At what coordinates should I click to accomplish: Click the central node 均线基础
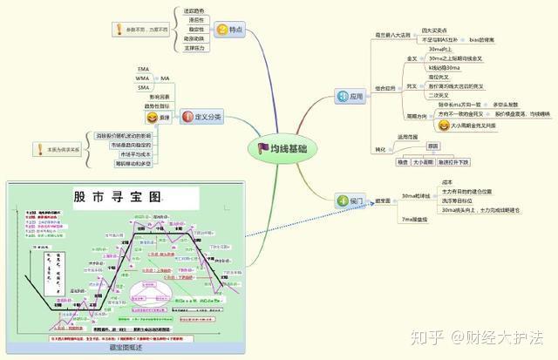click(x=283, y=148)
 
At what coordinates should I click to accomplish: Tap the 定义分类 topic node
click(x=201, y=116)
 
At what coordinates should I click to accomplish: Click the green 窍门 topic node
click(x=350, y=201)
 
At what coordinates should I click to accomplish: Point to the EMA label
click(x=145, y=68)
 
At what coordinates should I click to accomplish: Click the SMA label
click(x=145, y=87)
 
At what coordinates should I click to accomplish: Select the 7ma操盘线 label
click(x=415, y=219)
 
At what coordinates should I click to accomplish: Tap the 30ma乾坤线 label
click(x=417, y=196)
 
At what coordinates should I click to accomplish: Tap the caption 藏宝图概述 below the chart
click(x=124, y=347)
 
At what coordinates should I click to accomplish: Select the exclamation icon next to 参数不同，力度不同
click(x=119, y=30)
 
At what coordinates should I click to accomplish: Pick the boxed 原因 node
click(x=433, y=146)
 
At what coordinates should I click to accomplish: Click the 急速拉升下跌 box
click(x=453, y=162)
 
